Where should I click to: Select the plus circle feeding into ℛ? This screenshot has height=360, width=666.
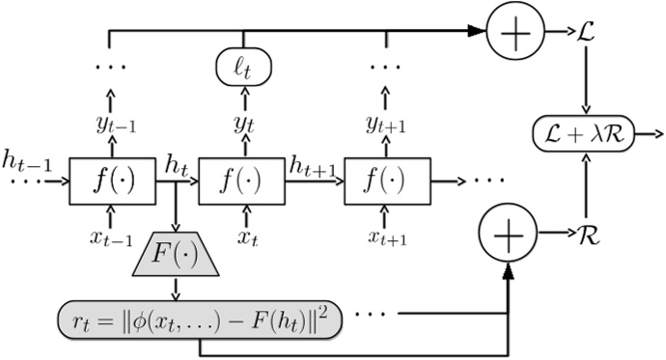click(508, 234)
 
